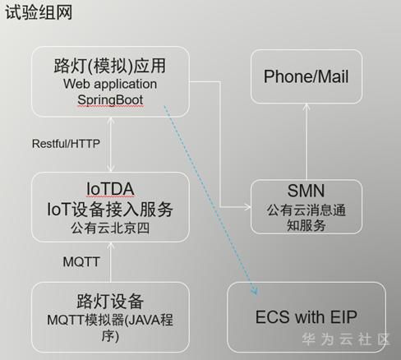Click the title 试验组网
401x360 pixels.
[39, 12]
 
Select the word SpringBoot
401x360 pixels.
[110, 99]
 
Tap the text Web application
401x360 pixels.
[110, 84]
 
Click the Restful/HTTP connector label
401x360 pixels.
[66, 144]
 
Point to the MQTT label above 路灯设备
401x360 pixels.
[81, 261]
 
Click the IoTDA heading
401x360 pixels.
[110, 189]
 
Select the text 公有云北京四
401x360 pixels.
[110, 228]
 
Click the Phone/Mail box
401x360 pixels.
[307, 76]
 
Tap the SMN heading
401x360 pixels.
[306, 191]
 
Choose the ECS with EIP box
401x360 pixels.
[307, 317]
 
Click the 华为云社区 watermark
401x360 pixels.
[346, 339]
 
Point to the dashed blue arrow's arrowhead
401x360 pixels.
[255, 290]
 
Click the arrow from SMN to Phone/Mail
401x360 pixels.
[307, 141]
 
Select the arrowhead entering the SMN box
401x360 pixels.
[248, 207]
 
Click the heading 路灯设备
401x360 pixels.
[110, 301]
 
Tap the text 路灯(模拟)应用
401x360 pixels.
[110, 66]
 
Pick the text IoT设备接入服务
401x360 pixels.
[110, 210]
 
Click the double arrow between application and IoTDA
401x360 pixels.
[110, 145]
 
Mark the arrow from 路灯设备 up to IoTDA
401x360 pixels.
[110, 262]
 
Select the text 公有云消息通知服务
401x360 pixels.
[307, 218]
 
